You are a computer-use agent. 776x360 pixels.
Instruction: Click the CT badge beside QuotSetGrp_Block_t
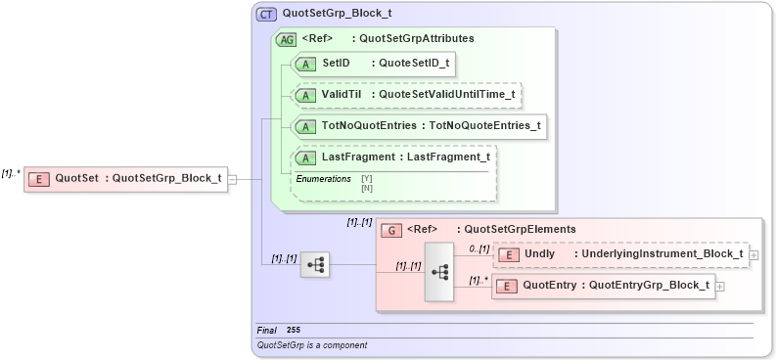266,15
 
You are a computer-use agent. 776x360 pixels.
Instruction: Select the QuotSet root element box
125,178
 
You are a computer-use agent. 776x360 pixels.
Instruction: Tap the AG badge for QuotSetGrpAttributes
287,39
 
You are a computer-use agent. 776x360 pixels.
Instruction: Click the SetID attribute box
376,64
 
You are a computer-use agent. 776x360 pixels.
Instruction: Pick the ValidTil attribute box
407,95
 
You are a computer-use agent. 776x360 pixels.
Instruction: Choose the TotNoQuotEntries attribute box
419,126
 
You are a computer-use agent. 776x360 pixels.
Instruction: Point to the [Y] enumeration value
367,178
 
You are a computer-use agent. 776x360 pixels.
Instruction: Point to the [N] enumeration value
367,187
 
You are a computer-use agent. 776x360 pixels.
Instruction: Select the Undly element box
619,254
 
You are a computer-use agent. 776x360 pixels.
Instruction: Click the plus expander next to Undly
753,255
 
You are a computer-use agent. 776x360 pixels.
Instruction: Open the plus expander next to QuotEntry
720,287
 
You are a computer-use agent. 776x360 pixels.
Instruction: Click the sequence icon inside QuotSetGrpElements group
439,271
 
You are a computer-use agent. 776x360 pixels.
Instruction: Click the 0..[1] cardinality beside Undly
479,248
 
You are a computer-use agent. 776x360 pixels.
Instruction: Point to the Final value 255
294,330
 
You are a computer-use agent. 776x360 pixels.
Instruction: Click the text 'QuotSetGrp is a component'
311,345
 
